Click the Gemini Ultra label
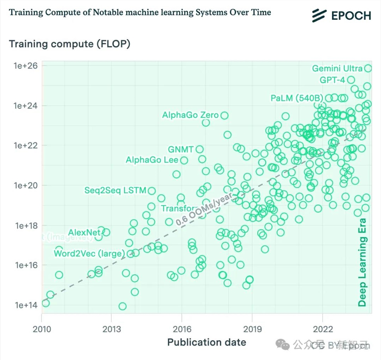(337, 69)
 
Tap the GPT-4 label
(332, 80)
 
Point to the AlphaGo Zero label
(190, 115)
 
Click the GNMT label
(181, 149)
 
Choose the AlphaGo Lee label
(152, 160)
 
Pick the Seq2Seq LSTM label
(115, 190)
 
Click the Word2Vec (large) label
(89, 253)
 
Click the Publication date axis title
(207, 342)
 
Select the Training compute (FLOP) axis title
(70, 44)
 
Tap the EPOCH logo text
(351, 16)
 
